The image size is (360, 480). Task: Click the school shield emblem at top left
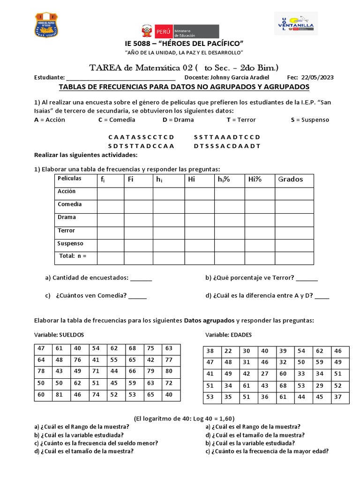coord(49,27)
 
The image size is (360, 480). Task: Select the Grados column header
coord(291,179)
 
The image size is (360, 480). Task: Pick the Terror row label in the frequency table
coord(67,231)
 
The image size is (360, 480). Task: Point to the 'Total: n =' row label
coord(73,256)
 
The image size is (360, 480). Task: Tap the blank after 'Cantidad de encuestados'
coord(141,278)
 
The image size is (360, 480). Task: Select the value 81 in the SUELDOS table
coord(59,395)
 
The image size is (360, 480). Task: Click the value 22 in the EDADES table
coord(228,351)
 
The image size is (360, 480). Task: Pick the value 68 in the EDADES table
coord(283,386)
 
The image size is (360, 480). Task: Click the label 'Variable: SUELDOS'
coord(59,335)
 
